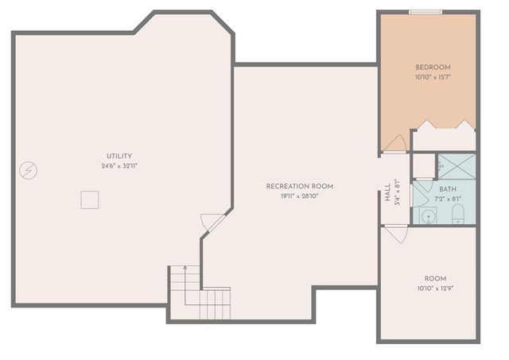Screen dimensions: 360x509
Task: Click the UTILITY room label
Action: (119, 156)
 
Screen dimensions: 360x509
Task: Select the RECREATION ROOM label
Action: (299, 186)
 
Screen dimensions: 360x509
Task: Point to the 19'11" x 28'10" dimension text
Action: (299, 195)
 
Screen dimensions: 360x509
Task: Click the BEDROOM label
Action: (433, 67)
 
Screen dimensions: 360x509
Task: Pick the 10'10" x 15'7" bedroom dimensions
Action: (433, 77)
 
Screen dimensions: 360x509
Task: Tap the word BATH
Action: (447, 189)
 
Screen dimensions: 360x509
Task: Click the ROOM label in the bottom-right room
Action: (435, 278)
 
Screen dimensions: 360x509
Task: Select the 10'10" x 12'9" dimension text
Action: (435, 288)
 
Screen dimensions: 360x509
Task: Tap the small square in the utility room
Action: (89, 199)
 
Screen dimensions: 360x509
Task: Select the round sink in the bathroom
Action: (427, 216)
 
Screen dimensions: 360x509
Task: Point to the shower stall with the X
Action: (456, 166)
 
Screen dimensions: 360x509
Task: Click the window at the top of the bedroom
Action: (425, 11)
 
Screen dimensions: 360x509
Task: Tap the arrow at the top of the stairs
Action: (185, 269)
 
